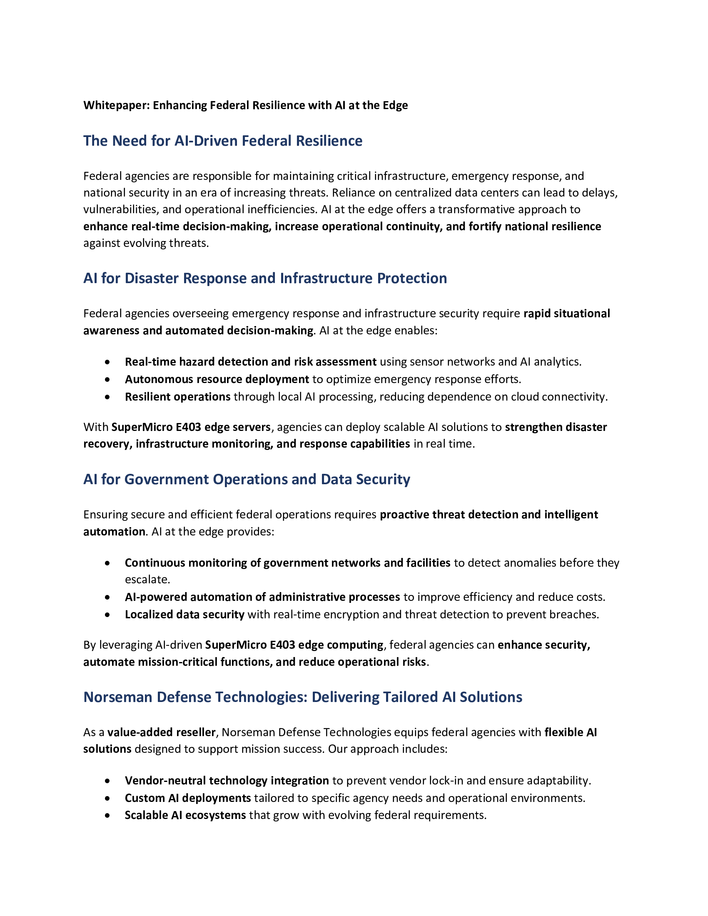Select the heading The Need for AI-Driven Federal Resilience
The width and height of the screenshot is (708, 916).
tap(223, 141)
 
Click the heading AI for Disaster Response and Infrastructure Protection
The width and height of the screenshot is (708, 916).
tap(265, 279)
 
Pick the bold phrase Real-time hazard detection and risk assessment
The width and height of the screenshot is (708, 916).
tap(250, 362)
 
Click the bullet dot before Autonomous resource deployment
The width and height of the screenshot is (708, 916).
tap(108, 380)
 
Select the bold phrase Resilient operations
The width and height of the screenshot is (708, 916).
tap(177, 397)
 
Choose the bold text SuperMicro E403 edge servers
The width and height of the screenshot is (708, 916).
tap(191, 427)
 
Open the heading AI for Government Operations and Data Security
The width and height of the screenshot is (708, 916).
tap(247, 479)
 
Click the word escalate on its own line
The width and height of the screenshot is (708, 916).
tap(147, 580)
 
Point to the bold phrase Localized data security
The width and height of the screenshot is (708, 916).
tap(184, 615)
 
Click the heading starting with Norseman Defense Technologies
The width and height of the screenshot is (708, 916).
tap(302, 697)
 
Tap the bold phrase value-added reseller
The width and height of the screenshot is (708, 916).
tap(162, 732)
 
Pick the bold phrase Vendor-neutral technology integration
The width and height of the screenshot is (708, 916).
tap(227, 781)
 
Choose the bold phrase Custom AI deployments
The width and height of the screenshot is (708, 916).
tap(188, 798)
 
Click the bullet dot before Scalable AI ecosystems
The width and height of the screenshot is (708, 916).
tap(108, 815)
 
